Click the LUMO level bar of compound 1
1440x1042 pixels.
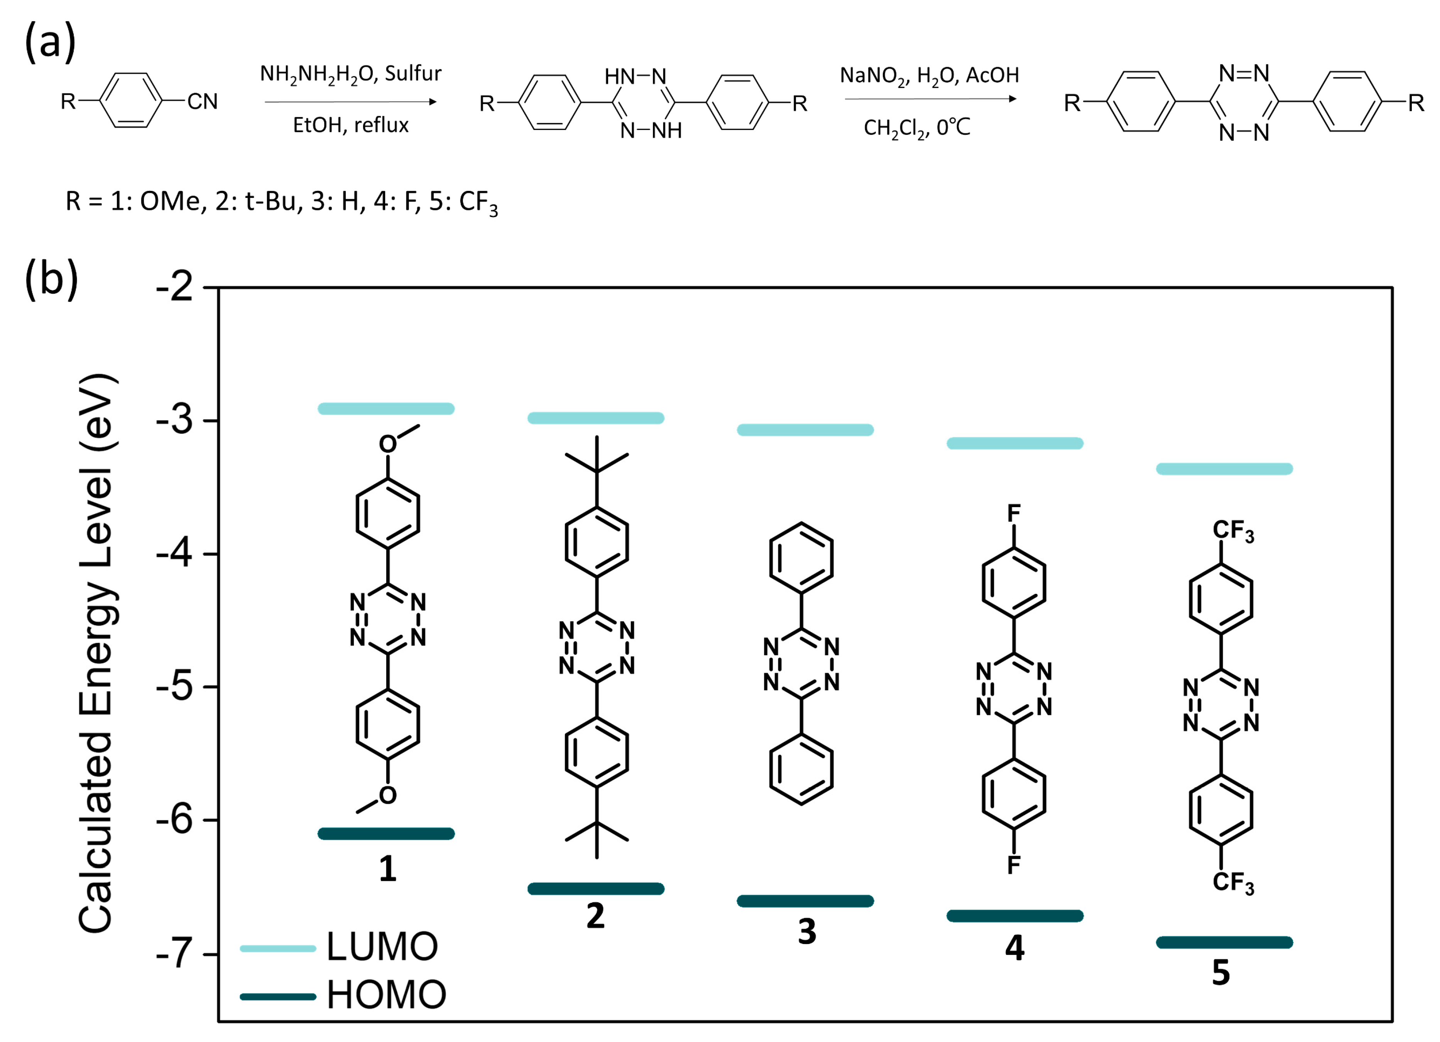pyautogui.click(x=386, y=409)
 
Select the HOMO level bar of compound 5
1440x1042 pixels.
pyautogui.click(x=1224, y=943)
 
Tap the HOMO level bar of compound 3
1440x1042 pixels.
pyautogui.click(x=805, y=901)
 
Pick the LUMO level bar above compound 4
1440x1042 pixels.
pyautogui.click(x=1015, y=443)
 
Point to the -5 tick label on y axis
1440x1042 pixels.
pyautogui.click(x=175, y=686)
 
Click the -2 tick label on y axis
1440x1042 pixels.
pyautogui.click(x=175, y=287)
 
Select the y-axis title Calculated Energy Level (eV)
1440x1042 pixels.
pyautogui.click(x=96, y=654)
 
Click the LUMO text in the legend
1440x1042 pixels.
pyautogui.click(x=382, y=947)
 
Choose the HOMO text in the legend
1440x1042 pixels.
pyautogui.click(x=386, y=995)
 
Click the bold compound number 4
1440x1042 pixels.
pyautogui.click(x=1015, y=948)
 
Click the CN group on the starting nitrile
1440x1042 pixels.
pyautogui.click(x=202, y=101)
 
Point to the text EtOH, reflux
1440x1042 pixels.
pyautogui.click(x=350, y=125)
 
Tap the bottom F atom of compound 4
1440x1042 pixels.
pyautogui.click(x=1014, y=864)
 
